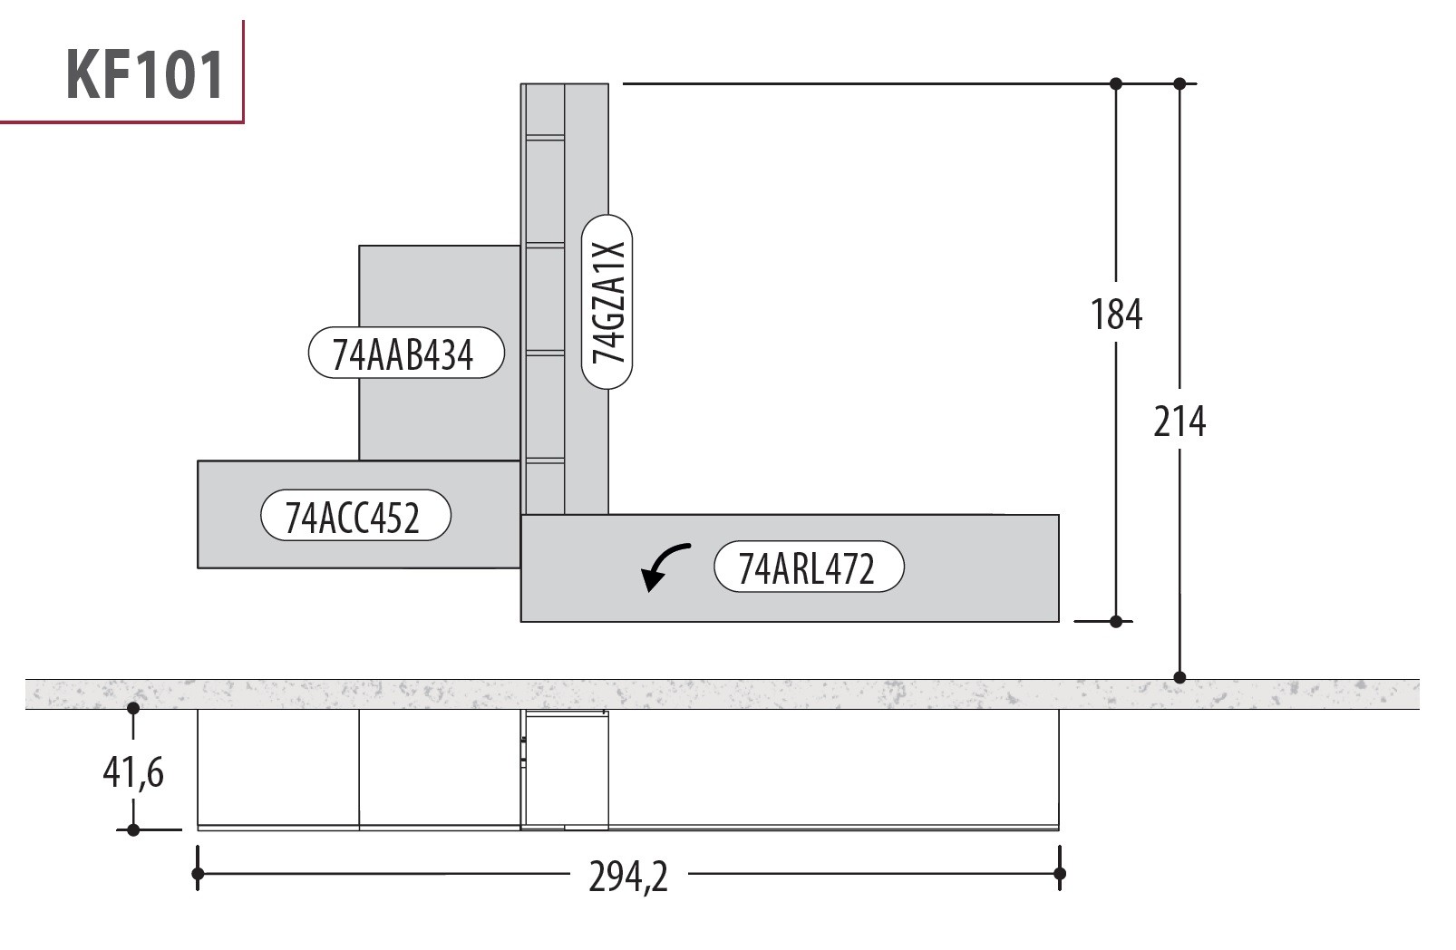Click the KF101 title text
(x=145, y=74)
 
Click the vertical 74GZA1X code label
(x=607, y=302)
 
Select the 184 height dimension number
(x=1116, y=315)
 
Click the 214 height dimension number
(x=1179, y=422)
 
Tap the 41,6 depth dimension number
(x=133, y=772)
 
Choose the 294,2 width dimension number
(x=628, y=877)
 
